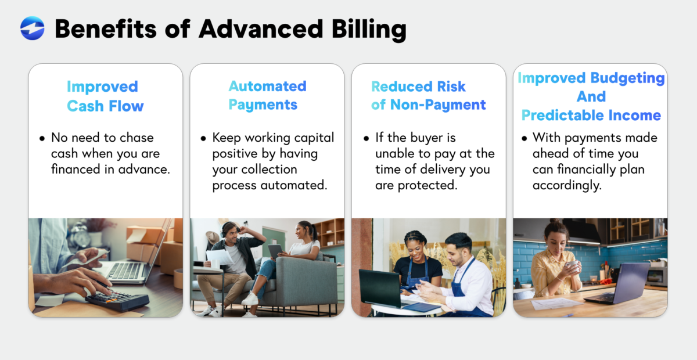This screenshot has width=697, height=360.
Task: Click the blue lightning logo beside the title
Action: (32, 28)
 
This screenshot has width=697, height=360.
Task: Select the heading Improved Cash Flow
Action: (105, 96)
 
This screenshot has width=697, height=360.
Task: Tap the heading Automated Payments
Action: (267, 95)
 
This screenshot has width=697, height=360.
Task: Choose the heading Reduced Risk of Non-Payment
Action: (428, 96)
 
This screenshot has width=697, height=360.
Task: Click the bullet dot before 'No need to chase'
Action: (42, 139)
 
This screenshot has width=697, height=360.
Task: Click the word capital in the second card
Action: (313, 138)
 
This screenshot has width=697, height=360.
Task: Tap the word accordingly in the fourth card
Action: (566, 185)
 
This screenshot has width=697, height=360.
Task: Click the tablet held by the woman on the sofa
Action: (276, 250)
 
